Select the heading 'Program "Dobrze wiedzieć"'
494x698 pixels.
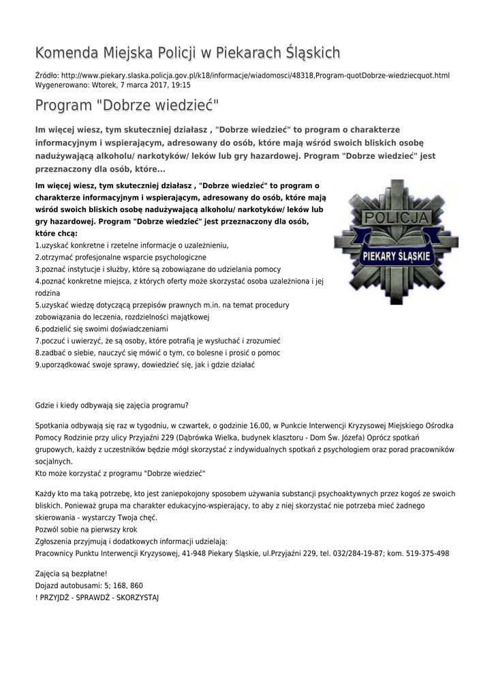[x=127, y=106]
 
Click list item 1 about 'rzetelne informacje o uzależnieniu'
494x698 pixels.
[x=132, y=245]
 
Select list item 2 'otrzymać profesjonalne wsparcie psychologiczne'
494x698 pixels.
[x=121, y=257]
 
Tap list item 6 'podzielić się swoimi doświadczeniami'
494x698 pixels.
[x=102, y=329]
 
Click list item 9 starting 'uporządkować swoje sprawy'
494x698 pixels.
[x=144, y=365]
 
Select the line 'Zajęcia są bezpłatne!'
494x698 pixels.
[x=71, y=573]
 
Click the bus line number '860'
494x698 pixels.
[x=136, y=586]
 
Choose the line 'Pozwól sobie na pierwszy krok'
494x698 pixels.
[x=86, y=529]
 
